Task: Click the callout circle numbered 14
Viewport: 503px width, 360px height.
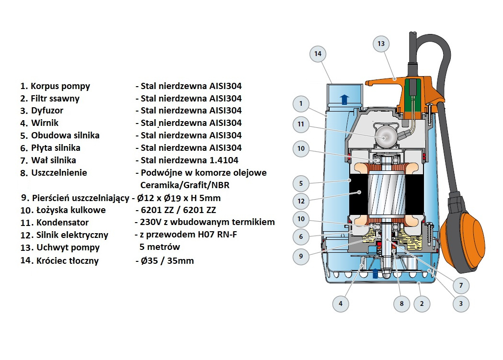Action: pyautogui.click(x=318, y=54)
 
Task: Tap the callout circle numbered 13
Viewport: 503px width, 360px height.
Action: pyautogui.click(x=381, y=44)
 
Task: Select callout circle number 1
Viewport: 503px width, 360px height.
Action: pyautogui.click(x=301, y=103)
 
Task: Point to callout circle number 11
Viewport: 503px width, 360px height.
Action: pyautogui.click(x=301, y=124)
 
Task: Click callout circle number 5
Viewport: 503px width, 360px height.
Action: pyautogui.click(x=301, y=183)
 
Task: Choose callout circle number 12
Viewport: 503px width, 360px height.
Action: pyautogui.click(x=301, y=201)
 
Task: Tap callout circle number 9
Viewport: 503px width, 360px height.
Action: pyautogui.click(x=301, y=256)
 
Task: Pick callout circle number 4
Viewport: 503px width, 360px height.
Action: pyautogui.click(x=340, y=303)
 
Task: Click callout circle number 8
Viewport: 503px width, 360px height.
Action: pyautogui.click(x=401, y=303)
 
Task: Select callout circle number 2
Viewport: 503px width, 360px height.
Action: pyautogui.click(x=422, y=303)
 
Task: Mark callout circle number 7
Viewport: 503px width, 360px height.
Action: pyautogui.click(x=461, y=285)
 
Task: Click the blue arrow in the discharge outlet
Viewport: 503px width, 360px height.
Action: pyautogui.click(x=344, y=100)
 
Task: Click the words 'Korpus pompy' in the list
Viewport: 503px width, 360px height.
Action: pyautogui.click(x=60, y=86)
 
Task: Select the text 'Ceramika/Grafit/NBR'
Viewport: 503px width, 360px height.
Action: pyautogui.click(x=185, y=185)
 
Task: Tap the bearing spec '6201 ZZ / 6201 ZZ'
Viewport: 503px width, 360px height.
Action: pyautogui.click(x=178, y=210)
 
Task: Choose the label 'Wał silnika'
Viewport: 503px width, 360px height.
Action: pyautogui.click(x=54, y=160)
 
